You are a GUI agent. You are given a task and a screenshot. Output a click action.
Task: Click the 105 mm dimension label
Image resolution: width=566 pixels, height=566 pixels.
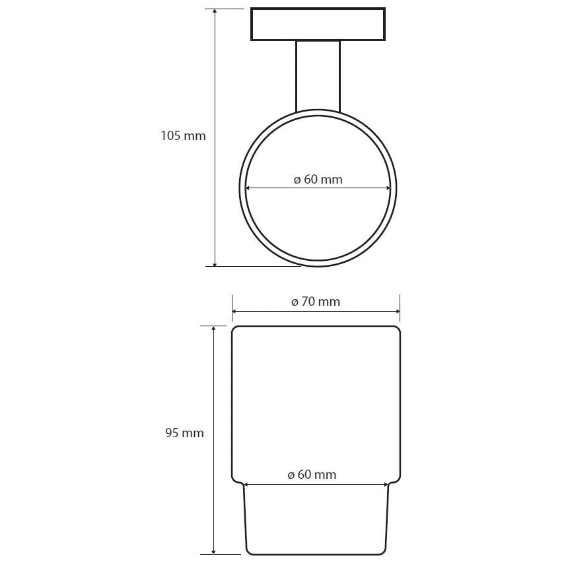pyautogui.click(x=183, y=136)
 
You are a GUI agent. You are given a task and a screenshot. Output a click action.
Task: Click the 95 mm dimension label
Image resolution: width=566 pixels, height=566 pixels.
pyautogui.click(x=184, y=433)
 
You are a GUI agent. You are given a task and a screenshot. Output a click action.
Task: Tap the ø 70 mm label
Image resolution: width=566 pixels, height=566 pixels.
pyautogui.click(x=316, y=301)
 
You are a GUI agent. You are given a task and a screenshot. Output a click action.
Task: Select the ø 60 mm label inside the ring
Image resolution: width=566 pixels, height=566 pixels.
pyautogui.click(x=318, y=180)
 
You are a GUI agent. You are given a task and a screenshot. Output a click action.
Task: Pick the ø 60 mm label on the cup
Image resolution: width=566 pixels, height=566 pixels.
pyautogui.click(x=312, y=474)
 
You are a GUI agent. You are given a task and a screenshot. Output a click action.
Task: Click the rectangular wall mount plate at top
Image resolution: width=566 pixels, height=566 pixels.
pyautogui.click(x=318, y=24)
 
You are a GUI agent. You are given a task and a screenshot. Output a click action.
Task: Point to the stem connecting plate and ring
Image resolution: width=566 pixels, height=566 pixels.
pyautogui.click(x=318, y=76)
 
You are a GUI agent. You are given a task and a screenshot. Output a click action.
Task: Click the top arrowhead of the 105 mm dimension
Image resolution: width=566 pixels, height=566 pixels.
pyautogui.click(x=215, y=12)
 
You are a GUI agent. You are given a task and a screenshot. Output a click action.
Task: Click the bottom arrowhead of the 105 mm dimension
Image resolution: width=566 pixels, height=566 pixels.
pyautogui.click(x=215, y=264)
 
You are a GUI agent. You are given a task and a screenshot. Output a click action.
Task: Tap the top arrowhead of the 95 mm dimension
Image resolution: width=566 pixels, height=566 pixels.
pyautogui.click(x=214, y=329)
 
